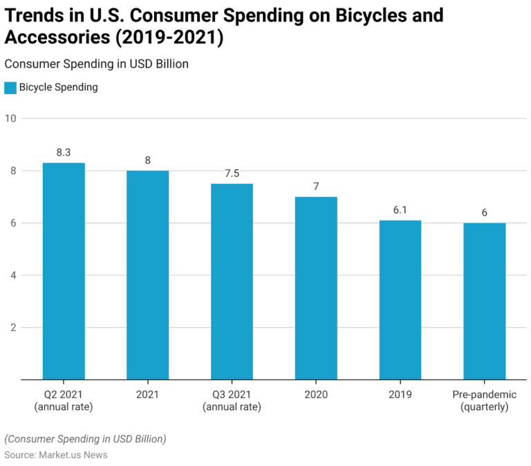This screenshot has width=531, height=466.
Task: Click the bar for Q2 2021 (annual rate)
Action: pos(64,271)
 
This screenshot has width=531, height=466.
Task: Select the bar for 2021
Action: pos(147,274)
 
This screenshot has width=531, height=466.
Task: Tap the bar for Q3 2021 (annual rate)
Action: pos(232,281)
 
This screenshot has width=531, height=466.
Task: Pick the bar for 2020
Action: pos(316,288)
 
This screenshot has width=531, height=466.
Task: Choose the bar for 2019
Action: pos(400,300)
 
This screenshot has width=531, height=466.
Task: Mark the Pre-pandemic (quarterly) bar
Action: pos(484,301)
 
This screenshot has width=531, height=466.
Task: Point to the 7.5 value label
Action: pos(232,174)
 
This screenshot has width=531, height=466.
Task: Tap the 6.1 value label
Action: pos(400,210)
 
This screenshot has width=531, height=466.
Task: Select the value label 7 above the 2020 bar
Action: pos(316,187)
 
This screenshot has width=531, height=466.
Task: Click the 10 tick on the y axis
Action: pos(10,118)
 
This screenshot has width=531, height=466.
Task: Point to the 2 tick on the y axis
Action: pos(12,328)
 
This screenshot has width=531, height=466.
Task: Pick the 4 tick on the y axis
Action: pos(12,275)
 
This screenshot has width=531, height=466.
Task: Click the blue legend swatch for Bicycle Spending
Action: pos(10,88)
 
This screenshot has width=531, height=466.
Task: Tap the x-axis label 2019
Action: pos(400,395)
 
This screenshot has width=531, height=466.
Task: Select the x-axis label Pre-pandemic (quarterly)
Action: pos(484,401)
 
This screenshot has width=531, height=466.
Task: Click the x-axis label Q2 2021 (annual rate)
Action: pos(64,401)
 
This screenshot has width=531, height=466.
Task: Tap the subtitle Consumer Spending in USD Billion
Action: pos(97,64)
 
